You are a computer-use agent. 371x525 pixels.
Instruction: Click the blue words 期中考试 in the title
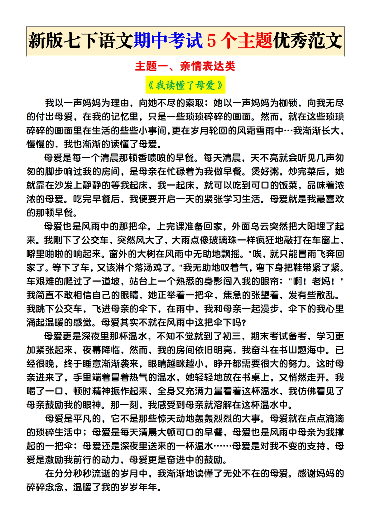click(168, 41)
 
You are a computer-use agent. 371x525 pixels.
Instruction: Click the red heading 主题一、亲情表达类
click(185, 66)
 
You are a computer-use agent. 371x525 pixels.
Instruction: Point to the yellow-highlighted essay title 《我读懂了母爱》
click(185, 85)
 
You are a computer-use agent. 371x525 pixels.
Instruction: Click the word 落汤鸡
click(156, 267)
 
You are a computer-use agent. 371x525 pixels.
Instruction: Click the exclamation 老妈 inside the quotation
click(321, 281)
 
